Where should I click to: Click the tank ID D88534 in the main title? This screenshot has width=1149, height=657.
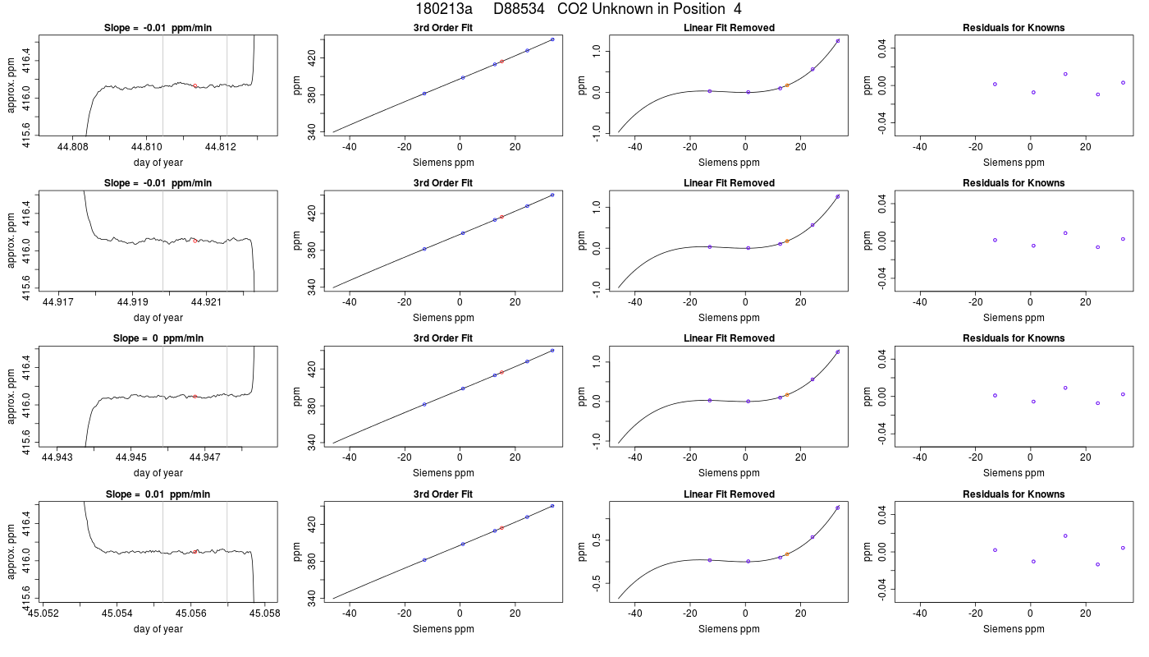pos(519,9)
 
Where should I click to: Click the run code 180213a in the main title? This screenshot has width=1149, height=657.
pos(444,9)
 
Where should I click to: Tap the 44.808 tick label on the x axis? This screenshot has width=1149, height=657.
pos(73,147)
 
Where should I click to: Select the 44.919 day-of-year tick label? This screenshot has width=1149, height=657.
pos(132,302)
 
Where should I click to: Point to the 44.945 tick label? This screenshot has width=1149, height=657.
pos(131,457)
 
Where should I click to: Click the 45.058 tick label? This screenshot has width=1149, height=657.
pos(264,613)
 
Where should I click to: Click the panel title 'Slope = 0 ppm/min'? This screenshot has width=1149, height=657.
pos(158,338)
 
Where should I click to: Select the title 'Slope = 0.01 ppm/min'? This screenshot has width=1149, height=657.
pos(158,494)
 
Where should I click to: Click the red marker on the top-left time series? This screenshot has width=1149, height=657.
pos(195,85)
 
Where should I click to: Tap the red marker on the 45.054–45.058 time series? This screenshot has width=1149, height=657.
pos(195,552)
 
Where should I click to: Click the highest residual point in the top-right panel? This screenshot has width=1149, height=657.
pos(1065,74)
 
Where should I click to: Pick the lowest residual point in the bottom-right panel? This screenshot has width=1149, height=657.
pos(1098,565)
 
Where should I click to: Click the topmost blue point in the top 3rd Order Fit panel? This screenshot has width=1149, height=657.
pos(552,39)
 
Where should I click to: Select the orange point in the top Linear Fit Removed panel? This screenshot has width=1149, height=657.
pos(787,85)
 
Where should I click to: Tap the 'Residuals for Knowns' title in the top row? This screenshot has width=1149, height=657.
pos(1014,28)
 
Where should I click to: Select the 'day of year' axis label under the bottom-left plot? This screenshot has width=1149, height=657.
pos(158,629)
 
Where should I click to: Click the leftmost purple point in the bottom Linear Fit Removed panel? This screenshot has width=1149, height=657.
pos(710,560)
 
